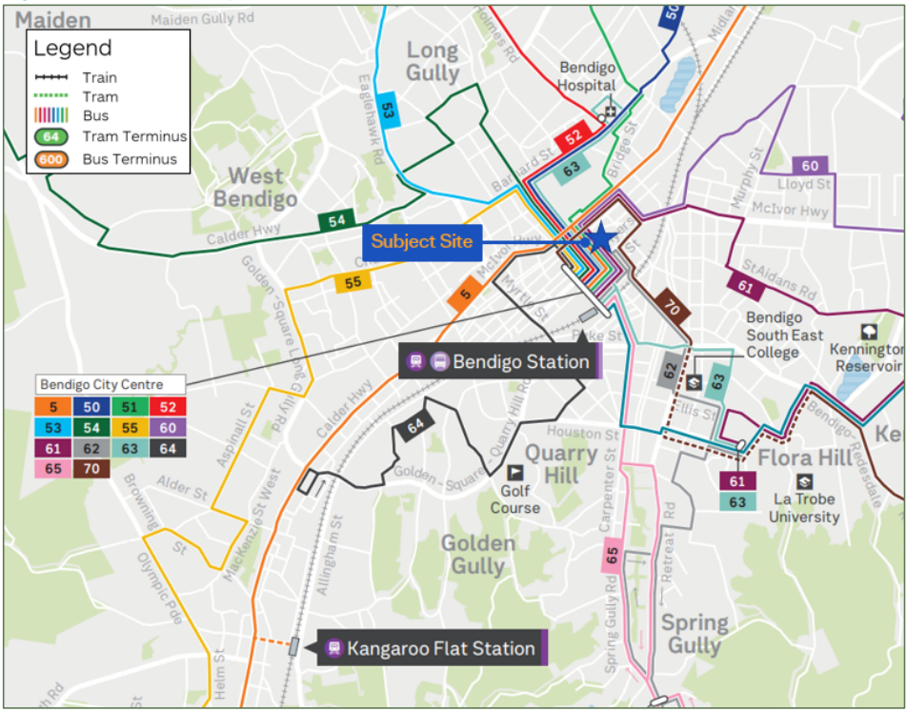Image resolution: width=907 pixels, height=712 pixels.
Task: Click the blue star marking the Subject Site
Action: pyautogui.click(x=600, y=238)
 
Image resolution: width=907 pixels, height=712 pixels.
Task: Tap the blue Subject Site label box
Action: pyautogui.click(x=421, y=241)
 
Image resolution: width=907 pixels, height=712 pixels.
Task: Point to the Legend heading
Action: pyautogui.click(x=72, y=49)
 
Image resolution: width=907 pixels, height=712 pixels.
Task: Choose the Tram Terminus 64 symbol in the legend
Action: pyautogui.click(x=51, y=136)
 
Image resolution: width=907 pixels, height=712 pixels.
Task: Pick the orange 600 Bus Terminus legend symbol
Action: pyautogui.click(x=51, y=159)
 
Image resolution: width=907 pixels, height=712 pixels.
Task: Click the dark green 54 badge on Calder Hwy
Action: pyautogui.click(x=336, y=221)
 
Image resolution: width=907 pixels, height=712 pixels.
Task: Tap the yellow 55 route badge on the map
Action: pyautogui.click(x=353, y=282)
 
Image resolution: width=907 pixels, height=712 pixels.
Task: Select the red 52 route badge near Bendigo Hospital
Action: pyautogui.click(x=573, y=137)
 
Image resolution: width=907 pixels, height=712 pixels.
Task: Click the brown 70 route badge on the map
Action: pyautogui.click(x=672, y=308)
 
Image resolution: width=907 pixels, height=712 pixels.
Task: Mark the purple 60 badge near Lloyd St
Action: pyautogui.click(x=809, y=166)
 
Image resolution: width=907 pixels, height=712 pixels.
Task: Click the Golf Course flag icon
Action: pyautogui.click(x=514, y=472)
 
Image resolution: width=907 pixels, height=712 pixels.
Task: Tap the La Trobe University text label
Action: pyautogui.click(x=805, y=508)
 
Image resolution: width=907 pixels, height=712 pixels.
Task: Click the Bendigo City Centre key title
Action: pyautogui.click(x=100, y=385)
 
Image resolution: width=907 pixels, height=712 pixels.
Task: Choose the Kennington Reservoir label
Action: pyautogui.click(x=868, y=358)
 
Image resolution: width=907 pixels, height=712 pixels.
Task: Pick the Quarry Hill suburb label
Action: pyautogui.click(x=561, y=463)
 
